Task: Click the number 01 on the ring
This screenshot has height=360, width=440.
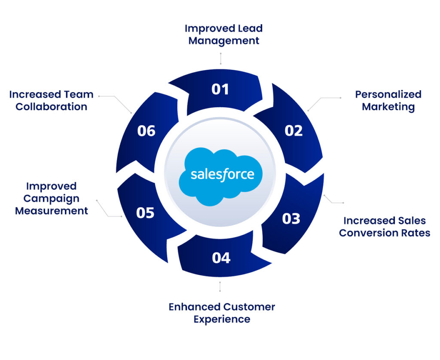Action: [220, 89]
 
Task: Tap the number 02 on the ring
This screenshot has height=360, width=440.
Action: [293, 130]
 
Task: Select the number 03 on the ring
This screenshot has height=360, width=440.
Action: [291, 218]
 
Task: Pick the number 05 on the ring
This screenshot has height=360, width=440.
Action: [145, 212]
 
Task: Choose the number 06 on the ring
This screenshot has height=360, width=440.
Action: [146, 131]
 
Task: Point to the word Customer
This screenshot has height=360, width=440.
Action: [249, 307]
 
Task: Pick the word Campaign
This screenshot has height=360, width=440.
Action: [52, 199]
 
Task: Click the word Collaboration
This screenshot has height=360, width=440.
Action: [52, 107]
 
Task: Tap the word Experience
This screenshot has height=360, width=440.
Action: [222, 320]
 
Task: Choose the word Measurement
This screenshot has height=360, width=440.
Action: [52, 211]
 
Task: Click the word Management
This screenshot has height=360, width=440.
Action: [224, 41]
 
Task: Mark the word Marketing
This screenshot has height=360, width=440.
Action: [388, 107]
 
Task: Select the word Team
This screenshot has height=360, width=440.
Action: [79, 94]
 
